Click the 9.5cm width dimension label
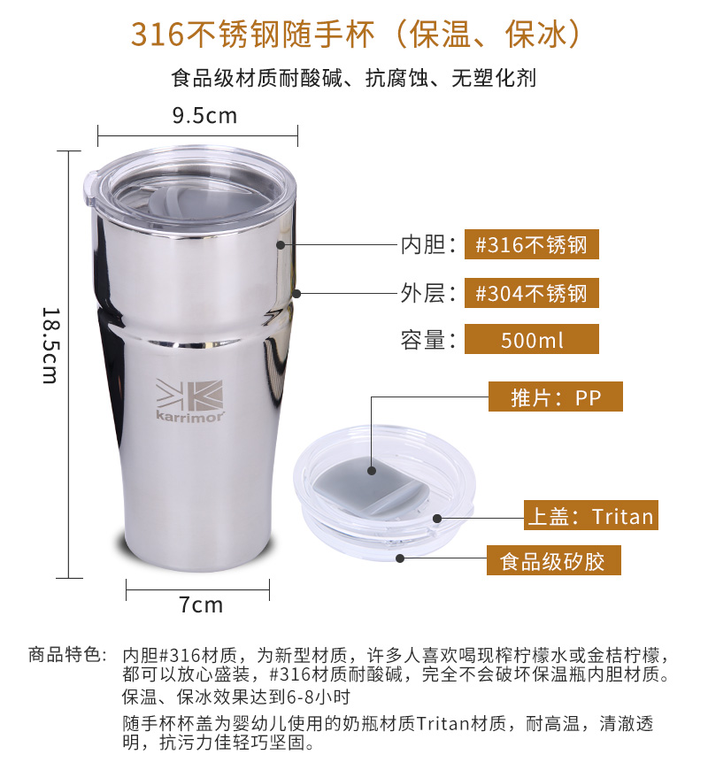point(204,116)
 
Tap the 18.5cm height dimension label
point(50,346)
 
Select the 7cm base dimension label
point(201,604)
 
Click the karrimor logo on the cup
point(190,400)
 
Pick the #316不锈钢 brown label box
point(532,244)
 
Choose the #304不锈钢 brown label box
point(532,293)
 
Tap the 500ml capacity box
point(532,339)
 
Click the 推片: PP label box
point(555,397)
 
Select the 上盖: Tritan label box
point(590,515)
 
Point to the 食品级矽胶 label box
point(554,560)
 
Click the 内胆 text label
point(423,244)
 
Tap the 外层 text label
point(423,293)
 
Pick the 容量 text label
point(423,339)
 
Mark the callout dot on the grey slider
point(372,471)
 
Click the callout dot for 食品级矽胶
point(400,558)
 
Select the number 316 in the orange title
point(158,35)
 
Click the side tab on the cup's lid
point(90,188)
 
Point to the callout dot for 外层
point(296,294)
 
